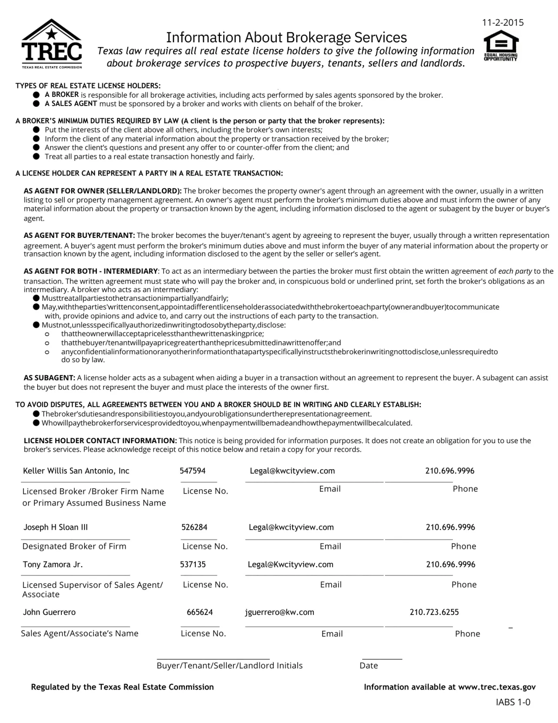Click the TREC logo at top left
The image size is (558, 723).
51,44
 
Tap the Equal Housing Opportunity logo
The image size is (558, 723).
500,46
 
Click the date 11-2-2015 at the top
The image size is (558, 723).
503,22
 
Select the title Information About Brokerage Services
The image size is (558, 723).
286,37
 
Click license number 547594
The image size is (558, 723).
193,471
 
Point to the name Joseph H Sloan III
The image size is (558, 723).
55,527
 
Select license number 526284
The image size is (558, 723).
194,527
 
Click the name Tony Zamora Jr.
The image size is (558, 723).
53,564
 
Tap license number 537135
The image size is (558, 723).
193,564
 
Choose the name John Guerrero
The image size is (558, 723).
49,612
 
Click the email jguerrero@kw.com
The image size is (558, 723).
279,612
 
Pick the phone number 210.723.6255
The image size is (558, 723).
434,612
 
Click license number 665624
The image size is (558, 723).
200,612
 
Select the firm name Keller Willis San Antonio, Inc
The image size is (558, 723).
76,471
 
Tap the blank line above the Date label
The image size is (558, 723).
382,658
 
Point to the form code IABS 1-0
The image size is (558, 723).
513,702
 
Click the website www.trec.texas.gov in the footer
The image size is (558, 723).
497,687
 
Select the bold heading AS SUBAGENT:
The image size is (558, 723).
49,378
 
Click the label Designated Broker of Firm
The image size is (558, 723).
74,546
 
